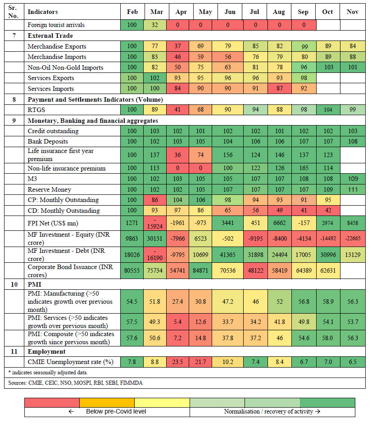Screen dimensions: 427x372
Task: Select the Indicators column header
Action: (x=43, y=12)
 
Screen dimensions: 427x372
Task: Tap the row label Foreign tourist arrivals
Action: (x=56, y=25)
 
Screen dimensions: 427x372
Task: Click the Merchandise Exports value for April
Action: (x=181, y=46)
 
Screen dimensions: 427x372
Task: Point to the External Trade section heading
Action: (x=50, y=36)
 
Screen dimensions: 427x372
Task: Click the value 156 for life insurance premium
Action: (x=230, y=155)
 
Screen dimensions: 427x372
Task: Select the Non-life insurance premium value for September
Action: (x=303, y=168)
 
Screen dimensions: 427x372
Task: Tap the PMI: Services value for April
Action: (x=181, y=322)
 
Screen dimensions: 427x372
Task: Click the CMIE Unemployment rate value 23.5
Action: (x=181, y=362)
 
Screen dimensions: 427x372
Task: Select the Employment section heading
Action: (x=46, y=351)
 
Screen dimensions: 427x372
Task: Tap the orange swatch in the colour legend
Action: (x=107, y=402)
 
